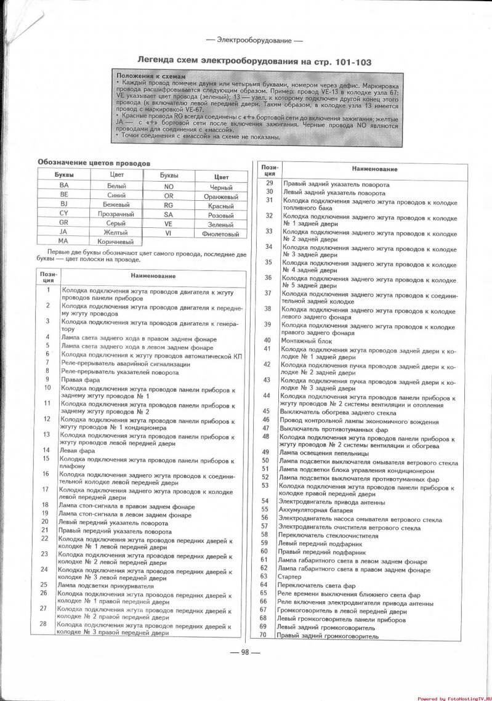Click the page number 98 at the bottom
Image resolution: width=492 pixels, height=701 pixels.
coord(244,653)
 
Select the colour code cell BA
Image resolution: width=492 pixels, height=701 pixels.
coord(63,185)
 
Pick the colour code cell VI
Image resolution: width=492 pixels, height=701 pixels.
coord(167,234)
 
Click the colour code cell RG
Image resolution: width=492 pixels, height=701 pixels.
coord(168,205)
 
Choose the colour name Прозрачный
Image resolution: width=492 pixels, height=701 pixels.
coord(116,214)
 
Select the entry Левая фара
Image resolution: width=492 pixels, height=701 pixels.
coord(74,450)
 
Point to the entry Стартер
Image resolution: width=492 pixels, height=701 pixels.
coord(290,576)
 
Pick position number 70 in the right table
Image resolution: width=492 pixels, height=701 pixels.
coord(263,635)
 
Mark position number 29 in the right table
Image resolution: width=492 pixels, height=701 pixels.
coord(268,184)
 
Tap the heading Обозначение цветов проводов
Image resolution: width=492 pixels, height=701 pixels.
coord(93,163)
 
